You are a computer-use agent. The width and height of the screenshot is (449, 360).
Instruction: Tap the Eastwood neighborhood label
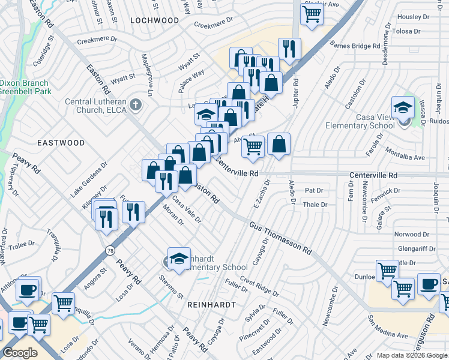click(61, 143)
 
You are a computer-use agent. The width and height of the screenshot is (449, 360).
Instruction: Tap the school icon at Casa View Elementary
click(403, 107)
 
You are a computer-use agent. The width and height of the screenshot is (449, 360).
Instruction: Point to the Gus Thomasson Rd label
click(281, 236)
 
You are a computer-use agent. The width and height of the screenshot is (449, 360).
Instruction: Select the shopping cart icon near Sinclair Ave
click(312, 15)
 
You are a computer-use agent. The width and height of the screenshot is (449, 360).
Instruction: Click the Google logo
click(20, 352)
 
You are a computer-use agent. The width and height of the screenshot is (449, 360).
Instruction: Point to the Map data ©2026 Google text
click(412, 355)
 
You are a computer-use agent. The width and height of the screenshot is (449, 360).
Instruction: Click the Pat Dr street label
click(314, 190)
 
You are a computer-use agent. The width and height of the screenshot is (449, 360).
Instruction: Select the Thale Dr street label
click(315, 205)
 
